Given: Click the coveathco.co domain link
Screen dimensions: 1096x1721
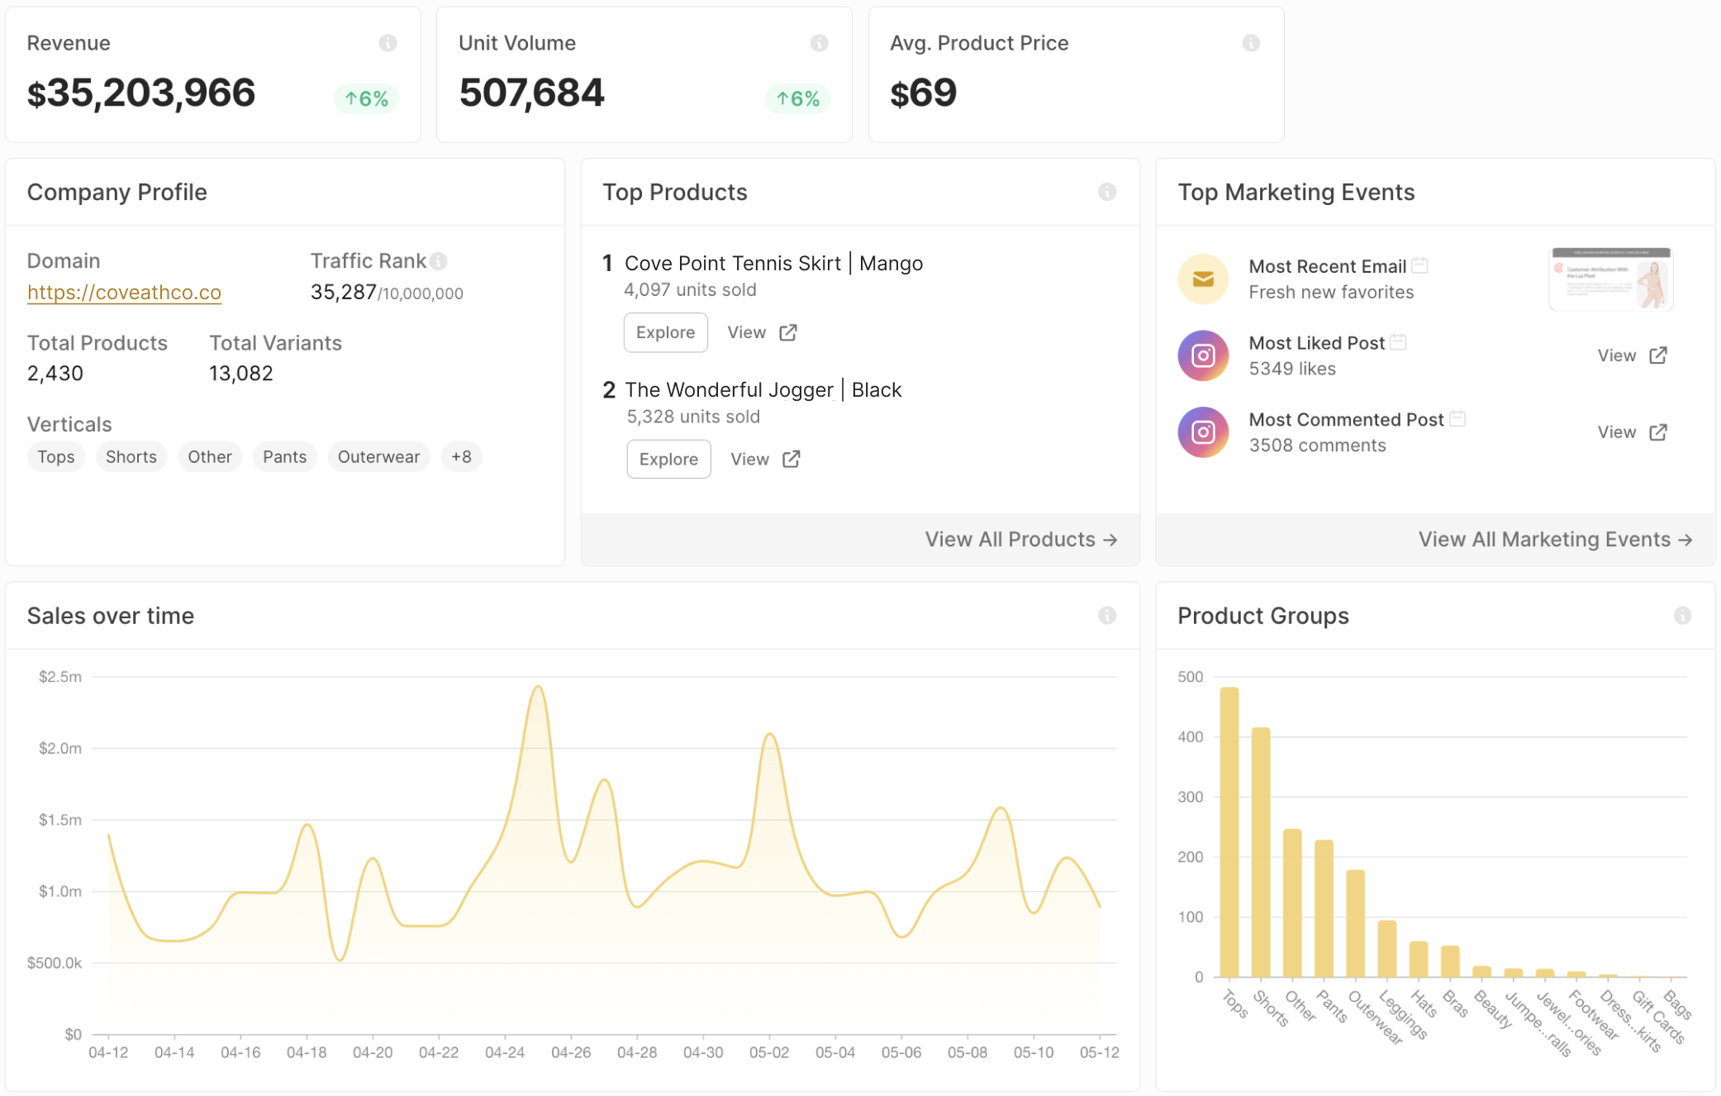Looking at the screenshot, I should tap(124, 293).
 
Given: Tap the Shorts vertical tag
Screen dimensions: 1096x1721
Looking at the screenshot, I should tap(131, 457).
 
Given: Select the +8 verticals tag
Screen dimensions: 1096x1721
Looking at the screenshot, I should tap(461, 457).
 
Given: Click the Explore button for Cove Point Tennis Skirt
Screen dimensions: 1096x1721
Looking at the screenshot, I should tap(665, 332).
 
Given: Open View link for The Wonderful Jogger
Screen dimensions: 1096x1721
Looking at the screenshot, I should tap(764, 460).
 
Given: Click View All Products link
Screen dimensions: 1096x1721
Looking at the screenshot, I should tap(1020, 540).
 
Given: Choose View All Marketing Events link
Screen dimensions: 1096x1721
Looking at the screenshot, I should tap(1554, 540).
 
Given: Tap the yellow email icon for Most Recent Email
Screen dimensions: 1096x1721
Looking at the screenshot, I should tap(1203, 279).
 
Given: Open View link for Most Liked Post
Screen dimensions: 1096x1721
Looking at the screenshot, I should tap(1632, 355).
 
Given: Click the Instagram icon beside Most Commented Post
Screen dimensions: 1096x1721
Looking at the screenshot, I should tap(1203, 432).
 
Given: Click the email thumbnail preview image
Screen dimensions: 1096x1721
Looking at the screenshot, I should tap(1610, 279).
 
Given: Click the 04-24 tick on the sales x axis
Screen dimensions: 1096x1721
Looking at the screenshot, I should tap(505, 1052).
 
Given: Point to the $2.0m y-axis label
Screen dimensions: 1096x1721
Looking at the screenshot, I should tap(60, 748).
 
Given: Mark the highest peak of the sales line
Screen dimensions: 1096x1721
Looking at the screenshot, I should tap(538, 686).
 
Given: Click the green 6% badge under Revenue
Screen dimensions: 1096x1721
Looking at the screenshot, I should tap(367, 99).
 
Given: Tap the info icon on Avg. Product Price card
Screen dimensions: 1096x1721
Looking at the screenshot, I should tap(1251, 43).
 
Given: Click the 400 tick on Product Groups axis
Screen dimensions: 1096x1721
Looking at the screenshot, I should tap(1190, 736).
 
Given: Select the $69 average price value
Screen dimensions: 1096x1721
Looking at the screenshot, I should tap(923, 93).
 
